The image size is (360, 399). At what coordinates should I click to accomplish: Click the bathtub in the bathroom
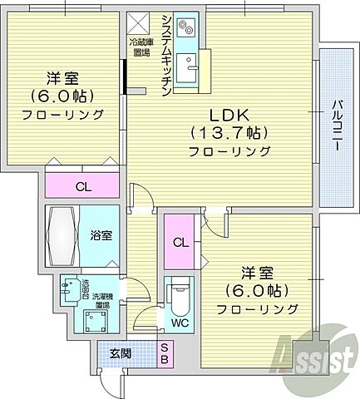[63, 236]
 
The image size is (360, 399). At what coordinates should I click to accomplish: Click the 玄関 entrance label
[121, 354]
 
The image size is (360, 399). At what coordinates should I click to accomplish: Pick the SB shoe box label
[165, 353]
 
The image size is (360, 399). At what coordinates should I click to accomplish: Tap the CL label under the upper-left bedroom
[82, 187]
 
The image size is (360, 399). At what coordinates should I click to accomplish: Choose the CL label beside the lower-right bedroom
[180, 242]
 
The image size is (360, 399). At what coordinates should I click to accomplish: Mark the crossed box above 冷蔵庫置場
[139, 22]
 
